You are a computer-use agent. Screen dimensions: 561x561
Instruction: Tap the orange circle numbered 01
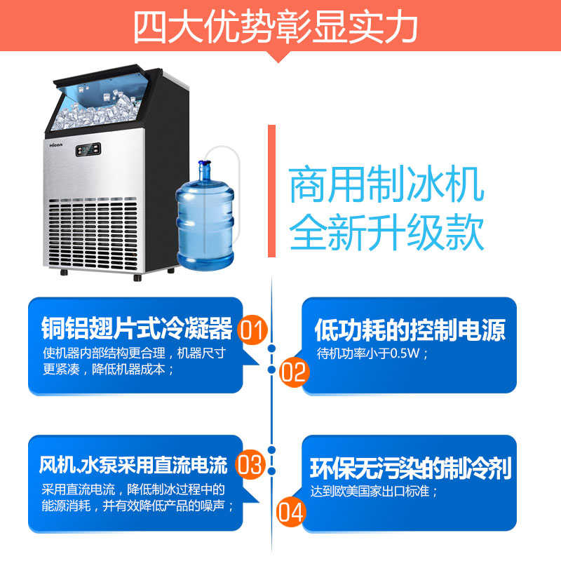252,330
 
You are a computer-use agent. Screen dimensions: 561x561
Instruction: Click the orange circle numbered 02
294,371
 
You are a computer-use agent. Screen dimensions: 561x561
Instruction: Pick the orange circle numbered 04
291,511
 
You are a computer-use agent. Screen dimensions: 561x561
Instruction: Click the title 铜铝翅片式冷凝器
136,327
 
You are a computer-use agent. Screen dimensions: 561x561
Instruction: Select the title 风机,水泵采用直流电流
133,465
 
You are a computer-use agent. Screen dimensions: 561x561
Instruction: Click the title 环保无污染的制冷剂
410,467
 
